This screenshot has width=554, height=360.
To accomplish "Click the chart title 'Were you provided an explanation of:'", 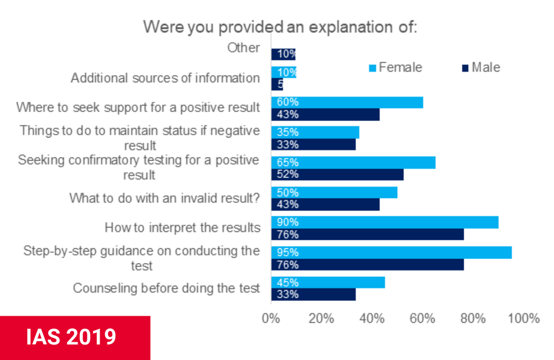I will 280,26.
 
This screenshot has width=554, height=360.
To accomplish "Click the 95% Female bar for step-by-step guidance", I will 391,252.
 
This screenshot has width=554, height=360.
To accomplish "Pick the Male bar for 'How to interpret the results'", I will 367,234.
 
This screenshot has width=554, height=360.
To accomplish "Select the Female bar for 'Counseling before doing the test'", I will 328,282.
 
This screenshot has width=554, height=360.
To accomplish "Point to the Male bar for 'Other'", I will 284,54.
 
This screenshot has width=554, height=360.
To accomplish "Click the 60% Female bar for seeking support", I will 347,102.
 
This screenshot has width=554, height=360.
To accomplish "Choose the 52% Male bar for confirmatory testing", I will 337,174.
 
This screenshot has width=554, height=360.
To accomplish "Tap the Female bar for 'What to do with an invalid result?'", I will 334,193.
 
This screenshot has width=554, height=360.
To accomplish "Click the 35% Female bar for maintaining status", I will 315,132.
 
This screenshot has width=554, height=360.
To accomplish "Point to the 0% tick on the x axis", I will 271,318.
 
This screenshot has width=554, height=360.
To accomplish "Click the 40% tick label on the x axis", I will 372,318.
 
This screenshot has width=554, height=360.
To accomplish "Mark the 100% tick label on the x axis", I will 524,318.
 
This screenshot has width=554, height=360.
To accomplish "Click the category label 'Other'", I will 243,48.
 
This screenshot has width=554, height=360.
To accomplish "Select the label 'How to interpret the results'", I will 182,228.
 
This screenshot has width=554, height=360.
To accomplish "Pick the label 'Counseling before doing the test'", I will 166,288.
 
